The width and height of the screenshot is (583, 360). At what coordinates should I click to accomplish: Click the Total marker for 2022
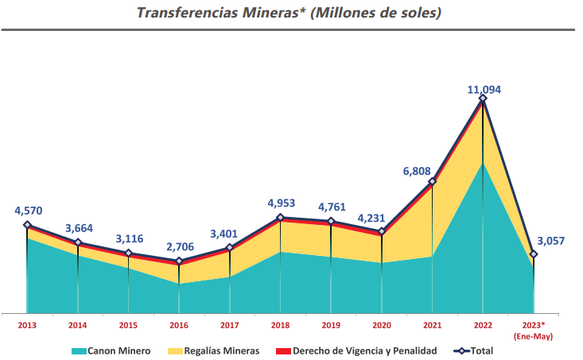[483, 99]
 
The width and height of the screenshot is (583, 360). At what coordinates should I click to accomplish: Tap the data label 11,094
[484, 90]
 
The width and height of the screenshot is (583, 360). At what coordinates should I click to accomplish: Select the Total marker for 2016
[179, 261]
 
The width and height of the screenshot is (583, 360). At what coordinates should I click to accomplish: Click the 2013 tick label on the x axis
[27, 325]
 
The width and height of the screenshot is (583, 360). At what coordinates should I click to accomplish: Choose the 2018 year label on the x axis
[280, 325]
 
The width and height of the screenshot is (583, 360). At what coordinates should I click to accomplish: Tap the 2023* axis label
[533, 325]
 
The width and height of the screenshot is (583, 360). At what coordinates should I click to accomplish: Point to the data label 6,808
[421, 170]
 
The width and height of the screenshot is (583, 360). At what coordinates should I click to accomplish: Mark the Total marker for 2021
[432, 182]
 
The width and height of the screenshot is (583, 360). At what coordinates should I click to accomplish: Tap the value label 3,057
[551, 241]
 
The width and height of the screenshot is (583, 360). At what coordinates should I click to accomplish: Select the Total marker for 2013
[27, 225]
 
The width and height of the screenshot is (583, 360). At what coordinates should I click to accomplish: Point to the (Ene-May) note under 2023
[533, 336]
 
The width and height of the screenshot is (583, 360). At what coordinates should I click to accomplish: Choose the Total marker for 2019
[331, 222]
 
